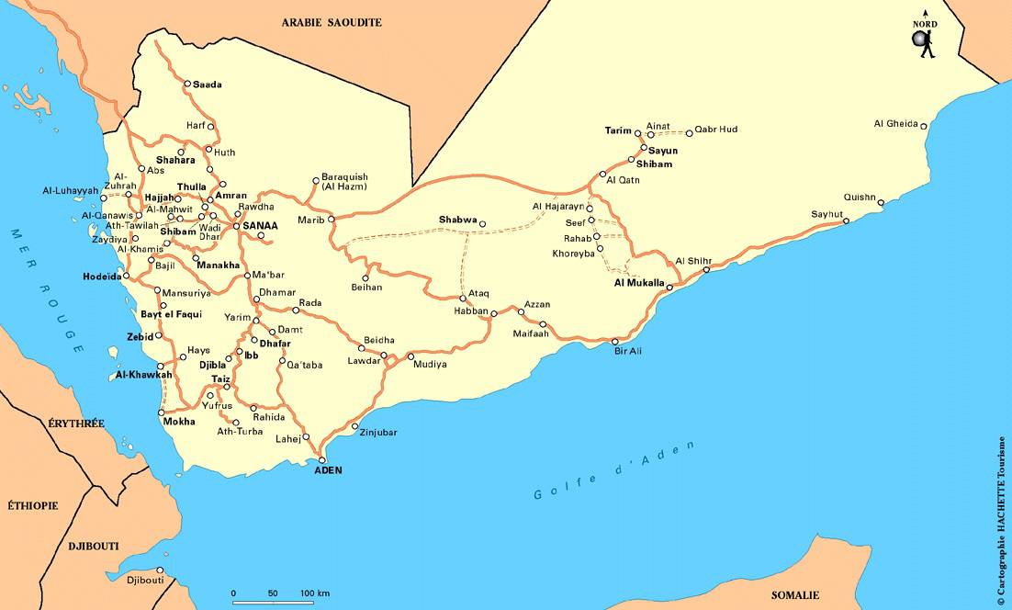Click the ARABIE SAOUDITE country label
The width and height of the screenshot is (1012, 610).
(x=332, y=22)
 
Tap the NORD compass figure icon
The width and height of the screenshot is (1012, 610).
(x=923, y=41)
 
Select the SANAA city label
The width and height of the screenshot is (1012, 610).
(x=260, y=225)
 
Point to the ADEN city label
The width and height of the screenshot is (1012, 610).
(x=328, y=470)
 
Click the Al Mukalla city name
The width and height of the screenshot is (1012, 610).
(x=638, y=283)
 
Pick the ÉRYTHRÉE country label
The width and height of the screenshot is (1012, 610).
(x=76, y=424)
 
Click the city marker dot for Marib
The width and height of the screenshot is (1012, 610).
(x=332, y=220)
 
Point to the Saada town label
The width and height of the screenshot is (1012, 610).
(x=208, y=85)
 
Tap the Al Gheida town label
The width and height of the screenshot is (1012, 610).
(x=895, y=124)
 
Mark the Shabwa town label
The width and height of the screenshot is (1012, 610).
(x=457, y=220)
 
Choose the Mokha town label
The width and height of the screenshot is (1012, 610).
(x=178, y=422)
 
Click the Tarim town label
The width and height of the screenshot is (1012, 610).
(x=618, y=130)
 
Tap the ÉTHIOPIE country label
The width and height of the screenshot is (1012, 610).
(x=33, y=505)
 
